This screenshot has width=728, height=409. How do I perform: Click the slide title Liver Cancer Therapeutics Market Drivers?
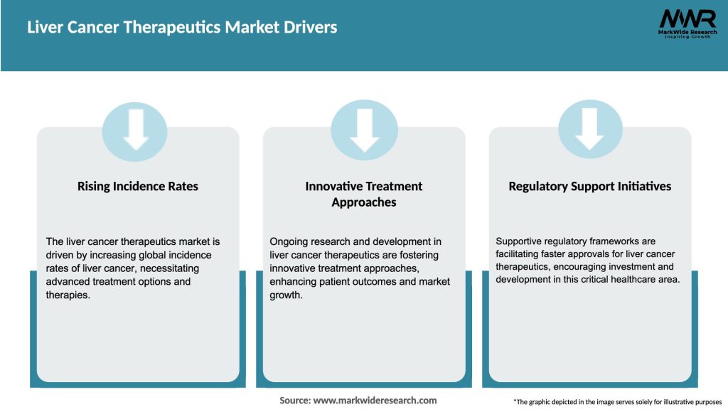[x=182, y=28]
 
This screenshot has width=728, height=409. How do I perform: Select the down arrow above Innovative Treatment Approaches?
[x=364, y=129]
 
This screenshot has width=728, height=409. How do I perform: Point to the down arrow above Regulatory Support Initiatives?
[x=589, y=129]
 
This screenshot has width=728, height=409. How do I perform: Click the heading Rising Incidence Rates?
[x=138, y=186]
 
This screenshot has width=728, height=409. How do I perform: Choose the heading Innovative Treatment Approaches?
[x=364, y=194]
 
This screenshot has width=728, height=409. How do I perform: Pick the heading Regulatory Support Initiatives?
[x=589, y=186]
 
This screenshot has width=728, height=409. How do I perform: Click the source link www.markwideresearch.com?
[x=375, y=400]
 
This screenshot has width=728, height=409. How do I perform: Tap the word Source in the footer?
[x=294, y=400]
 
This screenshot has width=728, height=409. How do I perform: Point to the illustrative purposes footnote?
[x=617, y=402]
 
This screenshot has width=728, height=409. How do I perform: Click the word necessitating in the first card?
[x=166, y=268]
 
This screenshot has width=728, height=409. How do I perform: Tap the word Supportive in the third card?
[x=520, y=241]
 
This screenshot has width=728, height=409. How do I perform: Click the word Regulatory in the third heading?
[x=538, y=186]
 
